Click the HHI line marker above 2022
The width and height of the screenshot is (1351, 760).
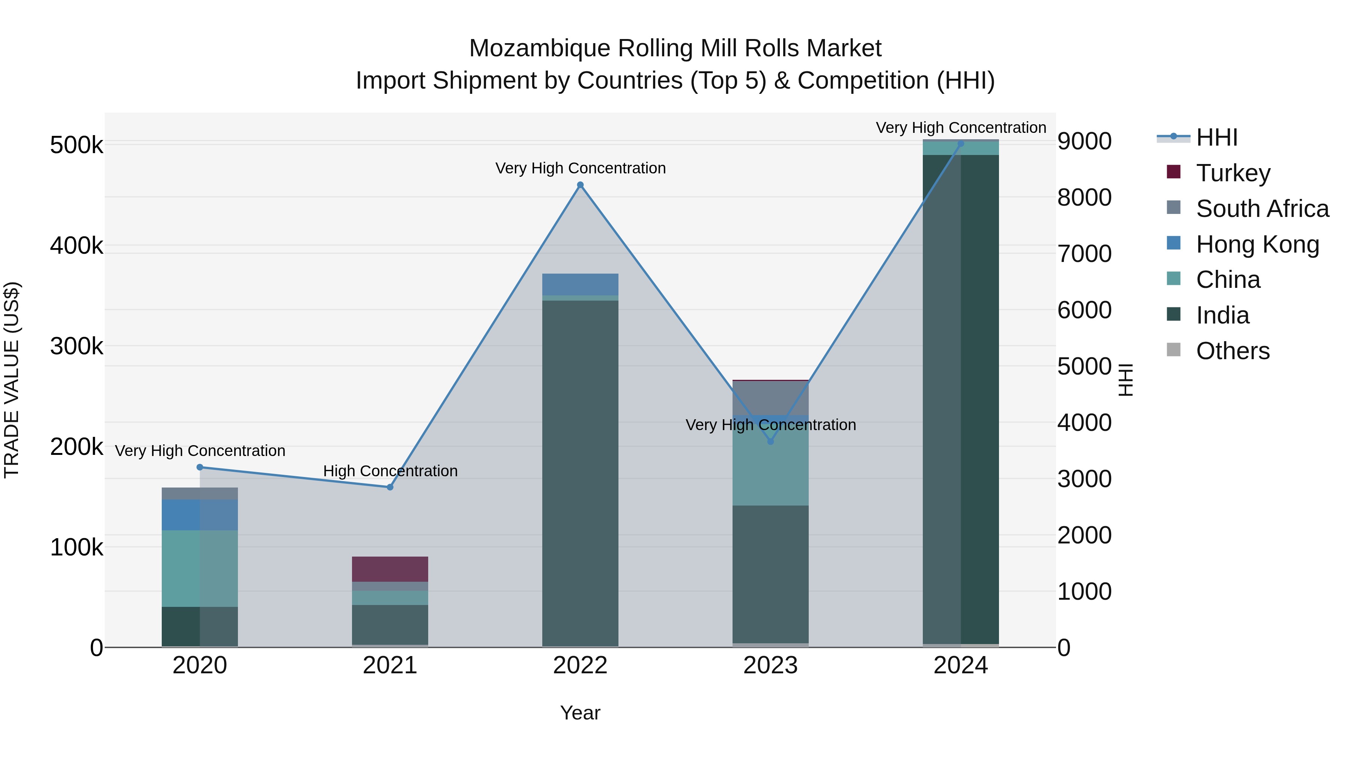[x=580, y=185]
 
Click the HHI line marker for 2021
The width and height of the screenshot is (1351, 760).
[x=390, y=487]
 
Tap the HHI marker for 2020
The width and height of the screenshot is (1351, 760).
[x=200, y=467]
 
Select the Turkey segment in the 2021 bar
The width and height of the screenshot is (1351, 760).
[x=390, y=569]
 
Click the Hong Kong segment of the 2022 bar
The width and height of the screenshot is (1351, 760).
[x=580, y=284]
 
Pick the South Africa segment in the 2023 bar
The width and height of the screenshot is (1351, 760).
[x=770, y=397]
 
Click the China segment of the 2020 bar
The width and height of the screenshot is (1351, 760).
[x=200, y=568]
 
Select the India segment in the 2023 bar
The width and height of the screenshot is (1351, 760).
[x=770, y=574]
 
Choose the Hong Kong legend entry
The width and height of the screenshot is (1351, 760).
[x=1256, y=244]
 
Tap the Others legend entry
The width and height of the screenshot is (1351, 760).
[x=1232, y=351]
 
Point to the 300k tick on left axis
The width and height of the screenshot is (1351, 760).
[x=77, y=346]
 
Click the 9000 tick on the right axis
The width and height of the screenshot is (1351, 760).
[x=1084, y=141]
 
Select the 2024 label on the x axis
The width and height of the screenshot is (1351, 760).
[x=960, y=665]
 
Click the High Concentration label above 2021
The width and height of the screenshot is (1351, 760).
[x=390, y=471]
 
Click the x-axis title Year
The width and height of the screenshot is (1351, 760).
[x=580, y=713]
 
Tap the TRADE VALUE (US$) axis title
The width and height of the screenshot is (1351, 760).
[x=12, y=380]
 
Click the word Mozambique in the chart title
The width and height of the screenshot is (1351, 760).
[x=540, y=48]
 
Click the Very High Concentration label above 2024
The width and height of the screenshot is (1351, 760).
[x=961, y=128]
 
